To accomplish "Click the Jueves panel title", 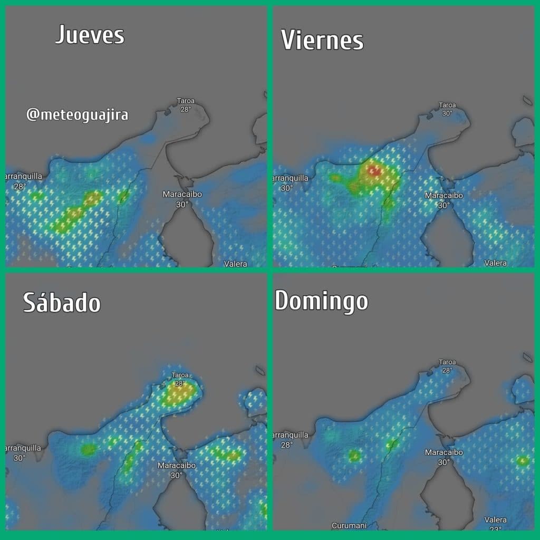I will pos(90,35).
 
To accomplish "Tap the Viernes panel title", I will pos(322,40).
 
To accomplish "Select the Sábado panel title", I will pos(62,303).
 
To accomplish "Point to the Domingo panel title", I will pos(321,301).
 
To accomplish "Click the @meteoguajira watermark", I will pos(77,114).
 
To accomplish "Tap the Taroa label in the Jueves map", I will pos(186,101).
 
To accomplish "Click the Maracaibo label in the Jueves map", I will pos(182,194).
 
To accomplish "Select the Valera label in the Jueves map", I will pos(235,264).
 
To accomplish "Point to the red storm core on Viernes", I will pos(374,170).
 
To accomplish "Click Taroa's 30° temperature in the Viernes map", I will pos(447,113).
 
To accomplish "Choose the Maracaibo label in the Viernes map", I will pos(444,196).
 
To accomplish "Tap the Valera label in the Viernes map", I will pos(496,263).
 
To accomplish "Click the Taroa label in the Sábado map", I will pos(180,375).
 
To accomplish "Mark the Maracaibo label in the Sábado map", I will pos(177,466).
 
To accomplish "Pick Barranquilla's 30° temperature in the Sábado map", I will pos(20,457).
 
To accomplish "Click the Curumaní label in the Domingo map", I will pos(348,525).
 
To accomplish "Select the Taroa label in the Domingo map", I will pos(447,362).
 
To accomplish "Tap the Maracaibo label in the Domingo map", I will pos(444,452).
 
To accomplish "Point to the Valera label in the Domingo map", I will pos(496,520).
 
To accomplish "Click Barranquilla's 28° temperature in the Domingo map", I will pos(286,445).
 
